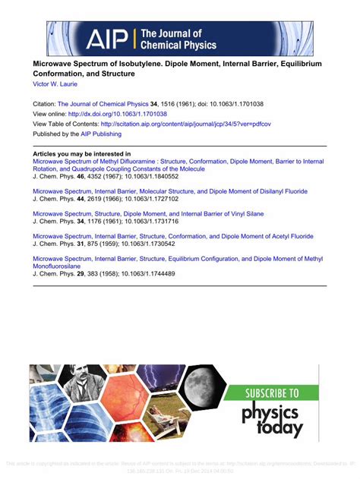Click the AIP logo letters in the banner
coord(107,39)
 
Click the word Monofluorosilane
coord(60,266)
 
